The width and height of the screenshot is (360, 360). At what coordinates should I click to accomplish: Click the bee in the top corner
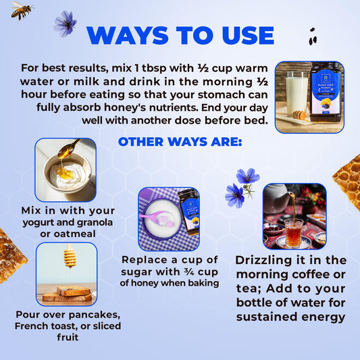22,10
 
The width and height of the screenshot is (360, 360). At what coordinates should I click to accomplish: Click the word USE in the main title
248,36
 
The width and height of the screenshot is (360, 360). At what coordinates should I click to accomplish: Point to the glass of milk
297,93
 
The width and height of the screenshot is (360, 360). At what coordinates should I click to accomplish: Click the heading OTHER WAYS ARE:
180,142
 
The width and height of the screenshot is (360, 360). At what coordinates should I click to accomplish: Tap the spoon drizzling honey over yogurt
69,149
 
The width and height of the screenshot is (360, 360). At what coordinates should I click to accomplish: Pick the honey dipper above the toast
70,256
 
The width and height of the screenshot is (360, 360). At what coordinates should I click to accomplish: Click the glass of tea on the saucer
293,232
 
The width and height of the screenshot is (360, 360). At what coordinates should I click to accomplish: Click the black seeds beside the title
313,36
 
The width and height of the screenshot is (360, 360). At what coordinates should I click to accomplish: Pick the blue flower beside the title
66,24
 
